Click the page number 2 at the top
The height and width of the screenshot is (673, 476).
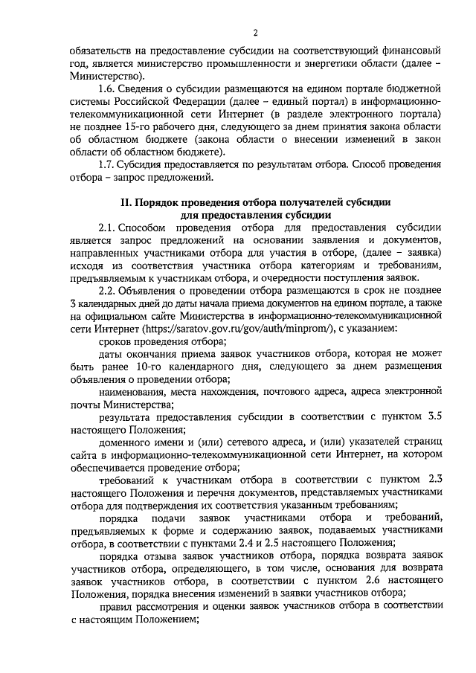255,33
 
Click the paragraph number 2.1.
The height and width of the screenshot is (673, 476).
107,227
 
